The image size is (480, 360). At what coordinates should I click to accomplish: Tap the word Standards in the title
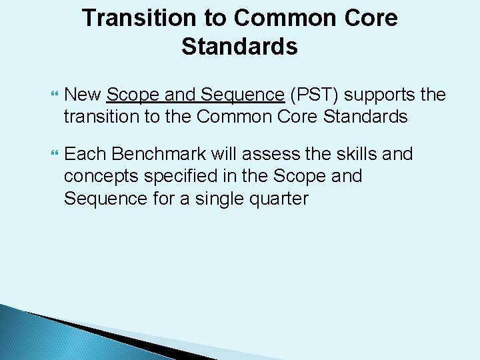tap(239, 47)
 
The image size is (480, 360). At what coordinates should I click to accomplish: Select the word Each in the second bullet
tap(85, 154)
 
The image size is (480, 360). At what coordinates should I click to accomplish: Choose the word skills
tap(358, 154)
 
